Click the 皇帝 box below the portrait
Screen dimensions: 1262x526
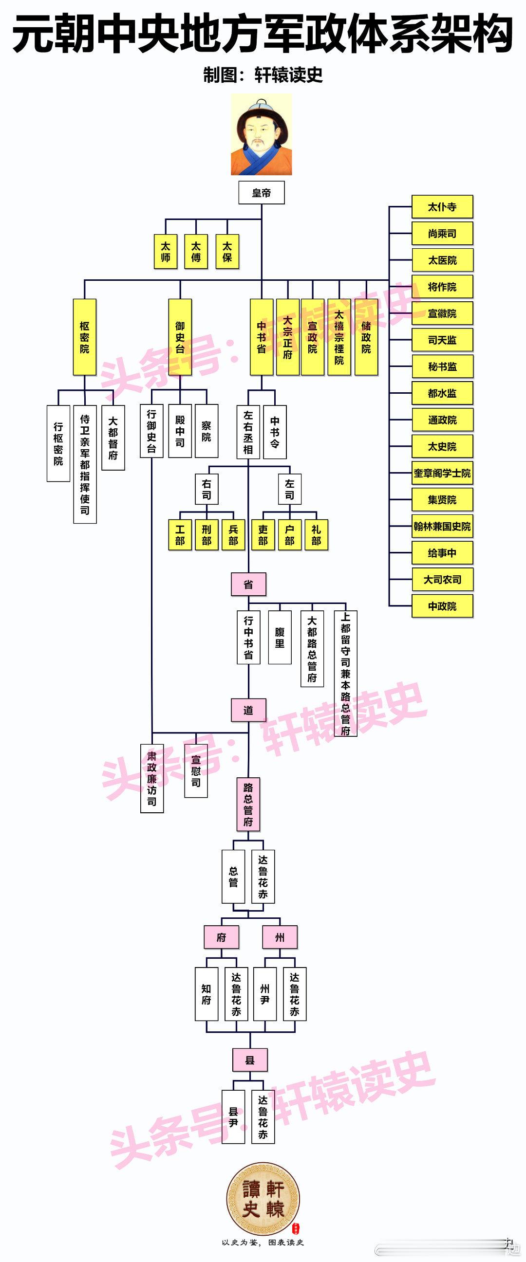click(261, 193)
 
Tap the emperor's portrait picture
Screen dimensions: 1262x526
click(261, 135)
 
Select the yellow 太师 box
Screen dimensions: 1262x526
click(166, 251)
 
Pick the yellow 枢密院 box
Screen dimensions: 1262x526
click(84, 337)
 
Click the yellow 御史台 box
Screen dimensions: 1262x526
click(180, 337)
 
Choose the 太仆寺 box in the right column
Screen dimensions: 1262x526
click(442, 207)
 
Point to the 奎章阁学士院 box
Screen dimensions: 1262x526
click(442, 473)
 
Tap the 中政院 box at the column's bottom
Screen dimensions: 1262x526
click(442, 606)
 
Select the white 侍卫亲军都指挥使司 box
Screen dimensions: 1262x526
click(85, 464)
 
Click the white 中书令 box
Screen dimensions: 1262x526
click(275, 432)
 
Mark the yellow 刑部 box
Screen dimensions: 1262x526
click(207, 534)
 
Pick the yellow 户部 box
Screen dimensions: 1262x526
click(290, 534)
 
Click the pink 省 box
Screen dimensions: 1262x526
click(248, 584)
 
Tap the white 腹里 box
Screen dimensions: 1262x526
click(280, 637)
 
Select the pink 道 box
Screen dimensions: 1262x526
click(248, 710)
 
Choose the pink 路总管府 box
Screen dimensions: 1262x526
click(248, 804)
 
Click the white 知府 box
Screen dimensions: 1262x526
click(207, 994)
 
